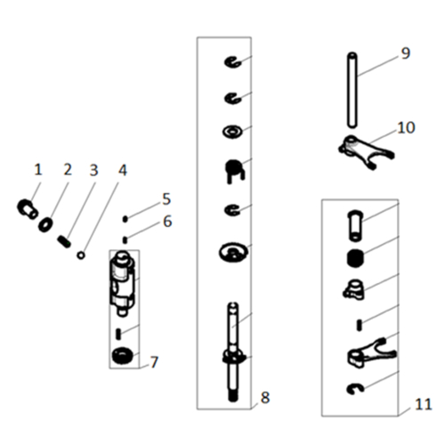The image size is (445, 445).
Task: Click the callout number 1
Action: coord(37,170)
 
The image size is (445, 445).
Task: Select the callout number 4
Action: coord(123,171)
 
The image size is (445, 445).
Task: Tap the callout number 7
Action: coord(154,362)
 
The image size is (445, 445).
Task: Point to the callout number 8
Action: coord(265,398)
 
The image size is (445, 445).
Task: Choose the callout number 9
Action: coord(406,53)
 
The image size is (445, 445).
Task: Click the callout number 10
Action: coord(406,128)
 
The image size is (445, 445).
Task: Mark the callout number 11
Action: coord(424,404)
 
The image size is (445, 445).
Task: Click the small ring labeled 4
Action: coord(81,255)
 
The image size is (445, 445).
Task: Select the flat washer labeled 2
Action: coord(45,225)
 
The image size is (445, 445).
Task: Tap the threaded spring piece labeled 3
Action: coord(64,241)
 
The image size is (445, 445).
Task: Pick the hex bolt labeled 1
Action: coord(27,209)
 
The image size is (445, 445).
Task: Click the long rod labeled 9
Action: coord(352,91)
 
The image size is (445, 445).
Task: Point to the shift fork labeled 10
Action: coord(366,151)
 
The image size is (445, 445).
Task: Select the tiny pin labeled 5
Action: coord(125,219)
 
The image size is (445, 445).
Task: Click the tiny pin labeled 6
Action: coord(125,239)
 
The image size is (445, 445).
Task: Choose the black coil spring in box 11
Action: coord(355,258)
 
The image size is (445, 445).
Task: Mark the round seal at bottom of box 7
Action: coord(122,355)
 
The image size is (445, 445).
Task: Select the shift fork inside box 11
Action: coord(370,353)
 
